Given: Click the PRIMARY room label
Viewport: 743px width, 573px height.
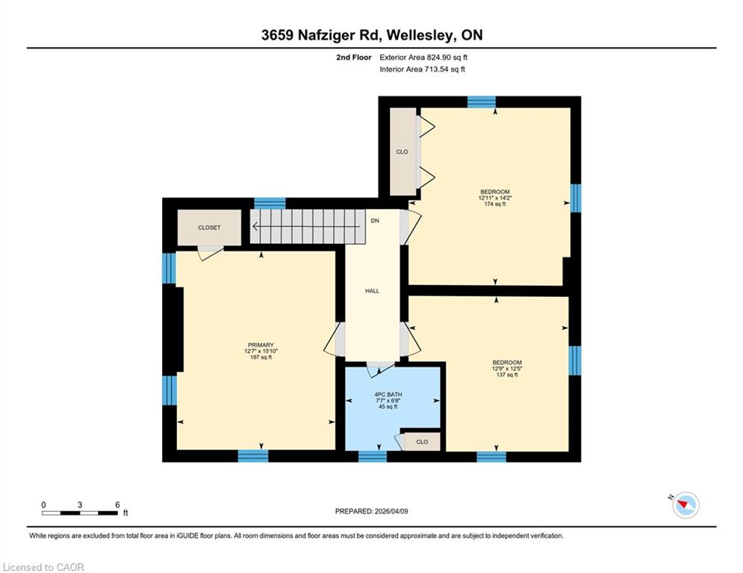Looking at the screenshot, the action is (261, 345).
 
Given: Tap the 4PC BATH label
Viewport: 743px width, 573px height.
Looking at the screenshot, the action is (388, 394).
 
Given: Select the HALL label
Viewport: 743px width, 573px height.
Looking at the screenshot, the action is (373, 291).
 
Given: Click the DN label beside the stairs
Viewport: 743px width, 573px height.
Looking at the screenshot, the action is (375, 221).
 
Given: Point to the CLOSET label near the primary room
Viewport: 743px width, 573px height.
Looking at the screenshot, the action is (209, 228).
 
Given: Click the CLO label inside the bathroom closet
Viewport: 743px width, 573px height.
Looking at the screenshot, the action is (422, 442).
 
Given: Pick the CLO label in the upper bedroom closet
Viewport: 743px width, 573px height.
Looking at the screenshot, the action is (402, 151).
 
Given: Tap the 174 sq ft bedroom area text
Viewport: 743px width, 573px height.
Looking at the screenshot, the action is (494, 204).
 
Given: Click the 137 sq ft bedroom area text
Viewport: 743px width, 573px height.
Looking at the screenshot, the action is (507, 375).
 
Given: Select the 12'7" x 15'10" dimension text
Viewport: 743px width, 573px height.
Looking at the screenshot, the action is (261, 351).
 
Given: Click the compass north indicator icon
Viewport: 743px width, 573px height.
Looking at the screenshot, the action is (685, 505).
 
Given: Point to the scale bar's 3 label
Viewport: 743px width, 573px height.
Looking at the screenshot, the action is (80, 505).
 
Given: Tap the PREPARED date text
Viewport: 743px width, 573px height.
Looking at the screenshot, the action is (372, 511).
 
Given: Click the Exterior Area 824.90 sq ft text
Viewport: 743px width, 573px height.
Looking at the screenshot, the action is (423, 57).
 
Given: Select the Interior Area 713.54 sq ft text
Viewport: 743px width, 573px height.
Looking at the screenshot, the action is (422, 69).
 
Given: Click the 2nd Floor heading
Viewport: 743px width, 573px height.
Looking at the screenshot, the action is (353, 57).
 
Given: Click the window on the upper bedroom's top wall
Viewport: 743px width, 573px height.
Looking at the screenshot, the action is (482, 101).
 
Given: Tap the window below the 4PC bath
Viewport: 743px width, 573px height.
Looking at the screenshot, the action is (373, 456).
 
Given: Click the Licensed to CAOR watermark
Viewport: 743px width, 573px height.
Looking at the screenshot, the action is (43, 567).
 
